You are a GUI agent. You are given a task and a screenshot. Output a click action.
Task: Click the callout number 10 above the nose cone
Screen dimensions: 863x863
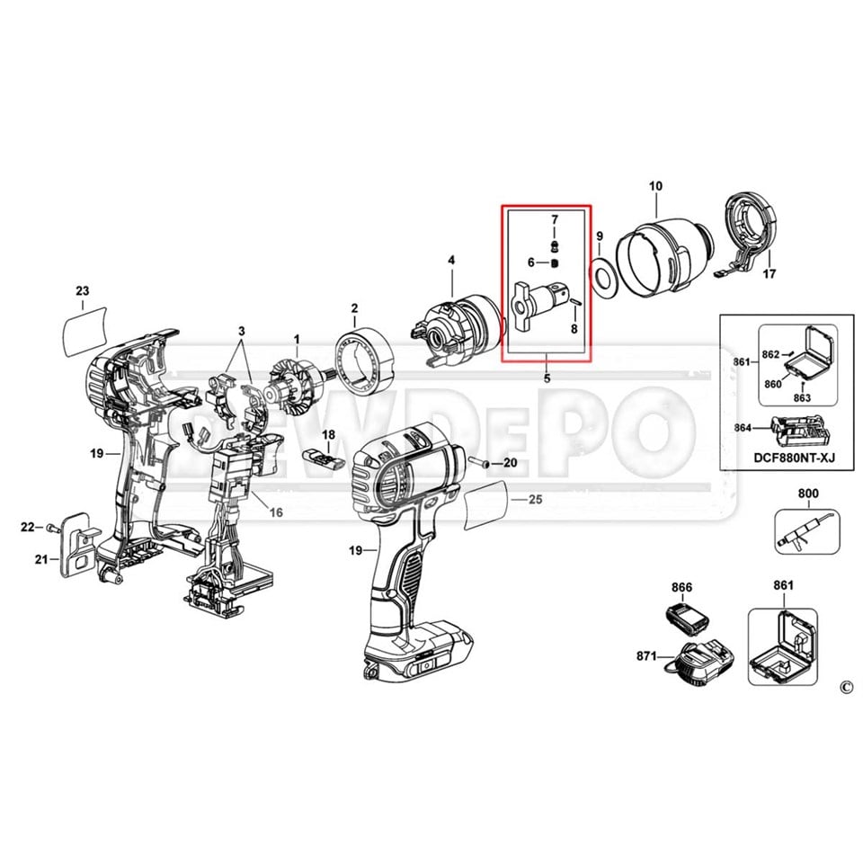(655, 186)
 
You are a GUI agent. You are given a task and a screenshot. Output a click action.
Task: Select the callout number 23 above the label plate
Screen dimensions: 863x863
(83, 291)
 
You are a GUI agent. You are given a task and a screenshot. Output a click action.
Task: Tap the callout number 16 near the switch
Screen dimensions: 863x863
(276, 512)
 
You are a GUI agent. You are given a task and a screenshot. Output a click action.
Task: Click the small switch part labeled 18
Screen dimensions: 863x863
(323, 455)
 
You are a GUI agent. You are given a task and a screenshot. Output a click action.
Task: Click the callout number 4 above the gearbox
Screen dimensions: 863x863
(451, 261)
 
